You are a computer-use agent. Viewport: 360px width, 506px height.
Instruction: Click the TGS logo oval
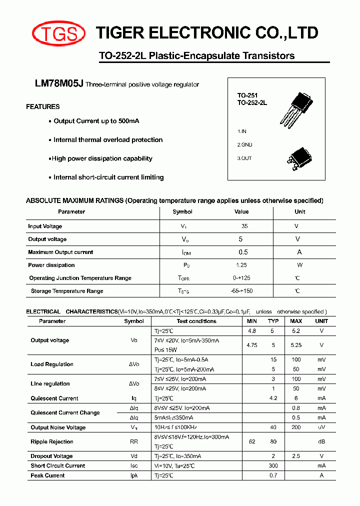[x=55, y=33]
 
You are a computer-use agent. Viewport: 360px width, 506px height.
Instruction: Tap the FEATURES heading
[x=43, y=106]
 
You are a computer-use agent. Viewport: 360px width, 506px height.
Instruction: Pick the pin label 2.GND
[x=245, y=144]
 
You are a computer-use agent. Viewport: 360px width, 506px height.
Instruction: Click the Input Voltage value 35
[x=244, y=226]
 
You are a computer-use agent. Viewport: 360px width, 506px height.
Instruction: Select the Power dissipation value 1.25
[x=241, y=265]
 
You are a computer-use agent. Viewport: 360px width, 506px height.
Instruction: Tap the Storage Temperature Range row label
[x=67, y=291]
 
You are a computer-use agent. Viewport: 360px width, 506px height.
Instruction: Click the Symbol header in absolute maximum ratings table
[x=182, y=211]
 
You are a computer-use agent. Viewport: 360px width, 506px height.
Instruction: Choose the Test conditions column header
[x=196, y=321]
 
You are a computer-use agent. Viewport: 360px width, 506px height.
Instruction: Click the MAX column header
[x=296, y=321]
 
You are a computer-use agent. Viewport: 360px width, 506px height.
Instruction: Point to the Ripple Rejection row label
[x=52, y=441]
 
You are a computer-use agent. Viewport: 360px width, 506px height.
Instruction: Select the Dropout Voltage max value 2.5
[x=296, y=456]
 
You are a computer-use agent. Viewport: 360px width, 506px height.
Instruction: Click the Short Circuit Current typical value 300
[x=273, y=465]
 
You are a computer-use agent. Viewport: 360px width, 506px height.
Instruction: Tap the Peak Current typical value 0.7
[x=273, y=475]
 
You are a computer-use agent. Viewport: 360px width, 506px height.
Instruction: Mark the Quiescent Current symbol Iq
[x=133, y=398]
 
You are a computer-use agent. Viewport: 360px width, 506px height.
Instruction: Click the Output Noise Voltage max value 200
[x=296, y=427]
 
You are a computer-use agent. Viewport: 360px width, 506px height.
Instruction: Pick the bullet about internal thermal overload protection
[x=107, y=140]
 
